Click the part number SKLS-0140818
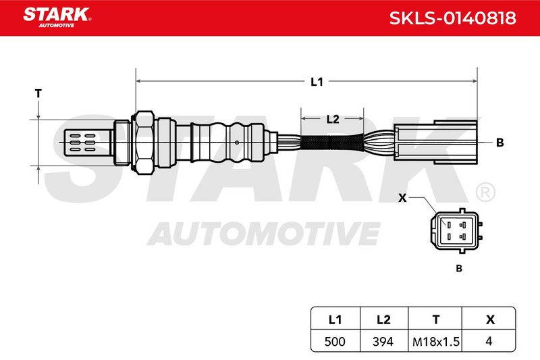click(x=452, y=18)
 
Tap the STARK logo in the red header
click(x=57, y=18)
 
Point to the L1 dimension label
click(x=317, y=82)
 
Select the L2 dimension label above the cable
click(x=333, y=119)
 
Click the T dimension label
click(x=38, y=93)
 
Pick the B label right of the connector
click(x=500, y=143)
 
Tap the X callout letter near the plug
click(x=402, y=198)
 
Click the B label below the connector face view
click(x=459, y=268)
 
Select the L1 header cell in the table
click(x=335, y=319)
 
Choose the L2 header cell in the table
click(x=383, y=319)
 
